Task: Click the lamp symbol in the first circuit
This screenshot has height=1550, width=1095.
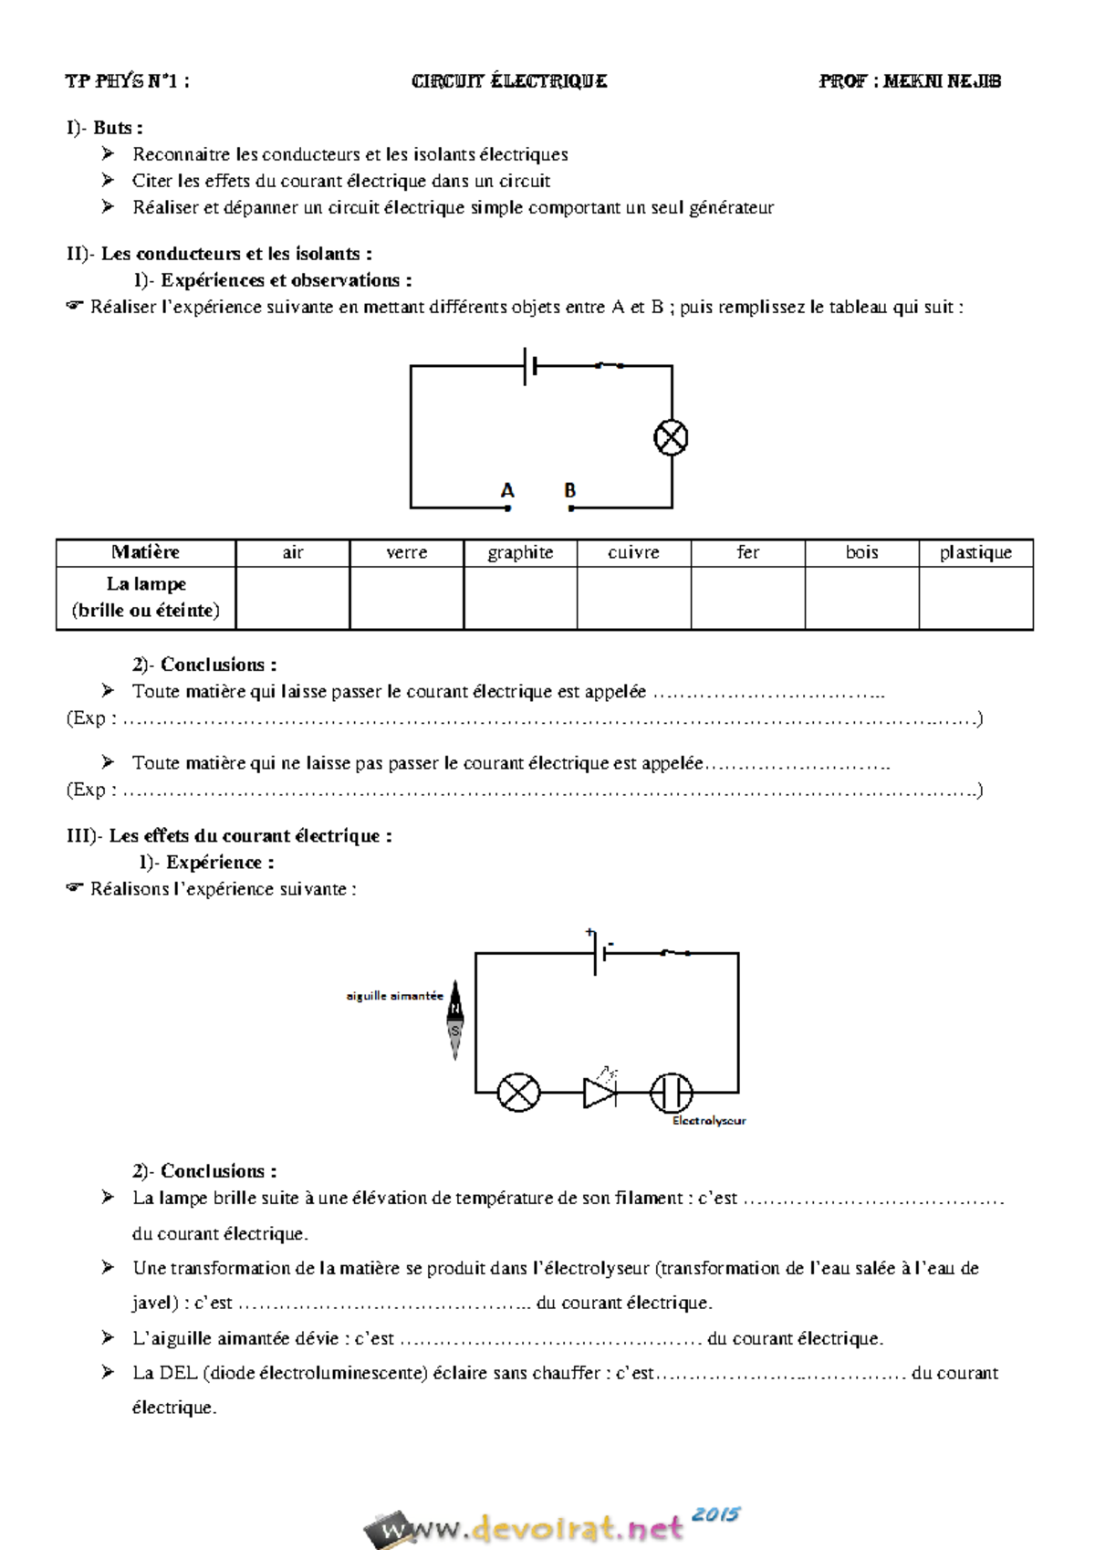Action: click(x=671, y=437)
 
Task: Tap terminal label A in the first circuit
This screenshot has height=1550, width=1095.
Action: click(x=507, y=491)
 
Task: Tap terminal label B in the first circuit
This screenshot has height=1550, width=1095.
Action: click(x=569, y=491)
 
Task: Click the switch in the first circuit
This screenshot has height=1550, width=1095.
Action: click(x=609, y=365)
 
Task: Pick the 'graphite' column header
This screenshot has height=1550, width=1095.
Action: click(x=520, y=552)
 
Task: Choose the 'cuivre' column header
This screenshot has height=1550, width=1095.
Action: click(x=633, y=552)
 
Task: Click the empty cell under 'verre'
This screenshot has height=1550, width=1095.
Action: click(x=406, y=598)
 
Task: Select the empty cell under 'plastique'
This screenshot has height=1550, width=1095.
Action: click(x=975, y=598)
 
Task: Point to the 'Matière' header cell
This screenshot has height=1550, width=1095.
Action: click(x=145, y=552)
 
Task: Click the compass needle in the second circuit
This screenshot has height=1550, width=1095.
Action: click(x=455, y=1019)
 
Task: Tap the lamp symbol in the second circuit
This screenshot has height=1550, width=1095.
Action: click(x=518, y=1092)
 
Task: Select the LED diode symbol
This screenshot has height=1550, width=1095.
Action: click(x=600, y=1091)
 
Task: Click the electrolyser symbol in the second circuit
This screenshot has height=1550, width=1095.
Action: click(x=671, y=1092)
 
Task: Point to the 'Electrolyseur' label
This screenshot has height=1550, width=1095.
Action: click(x=709, y=1121)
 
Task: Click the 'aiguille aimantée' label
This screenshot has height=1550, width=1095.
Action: click(x=394, y=996)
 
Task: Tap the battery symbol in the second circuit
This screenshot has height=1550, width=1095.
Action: click(x=600, y=953)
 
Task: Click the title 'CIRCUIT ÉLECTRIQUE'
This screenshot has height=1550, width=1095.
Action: click(x=509, y=81)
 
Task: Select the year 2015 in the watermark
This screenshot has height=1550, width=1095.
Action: click(x=715, y=1514)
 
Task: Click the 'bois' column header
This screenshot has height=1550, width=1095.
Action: click(x=861, y=552)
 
